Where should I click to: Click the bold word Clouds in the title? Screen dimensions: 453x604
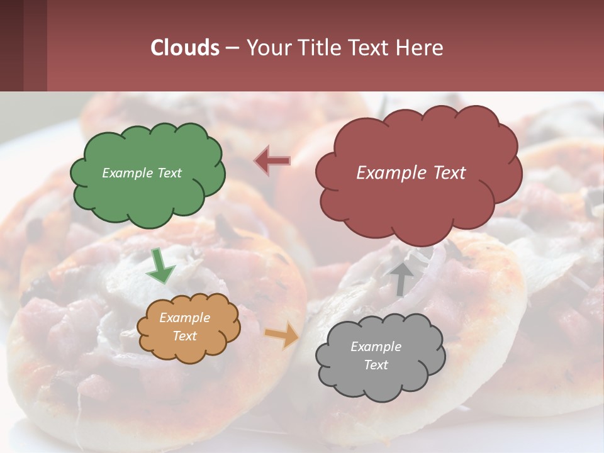tap(185, 48)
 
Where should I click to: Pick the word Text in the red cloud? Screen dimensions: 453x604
tap(447, 173)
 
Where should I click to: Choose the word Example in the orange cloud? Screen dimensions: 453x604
tap(184, 318)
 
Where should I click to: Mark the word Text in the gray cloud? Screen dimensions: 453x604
tap(376, 365)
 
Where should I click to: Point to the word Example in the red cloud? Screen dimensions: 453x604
tap(389, 173)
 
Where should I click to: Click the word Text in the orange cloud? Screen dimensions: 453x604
tap(184, 336)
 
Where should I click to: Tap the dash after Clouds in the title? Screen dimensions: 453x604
tap(232, 48)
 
